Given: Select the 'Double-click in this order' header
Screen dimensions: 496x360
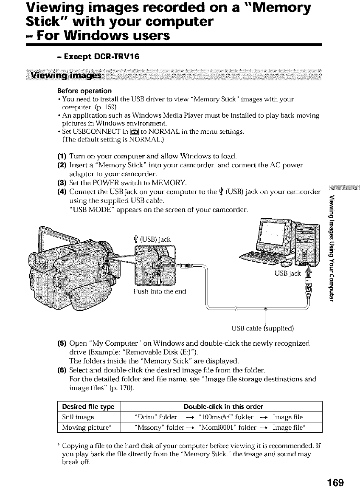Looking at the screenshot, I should [x=223, y=406].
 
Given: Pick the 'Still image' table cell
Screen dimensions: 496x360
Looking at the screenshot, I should [x=76, y=417].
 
